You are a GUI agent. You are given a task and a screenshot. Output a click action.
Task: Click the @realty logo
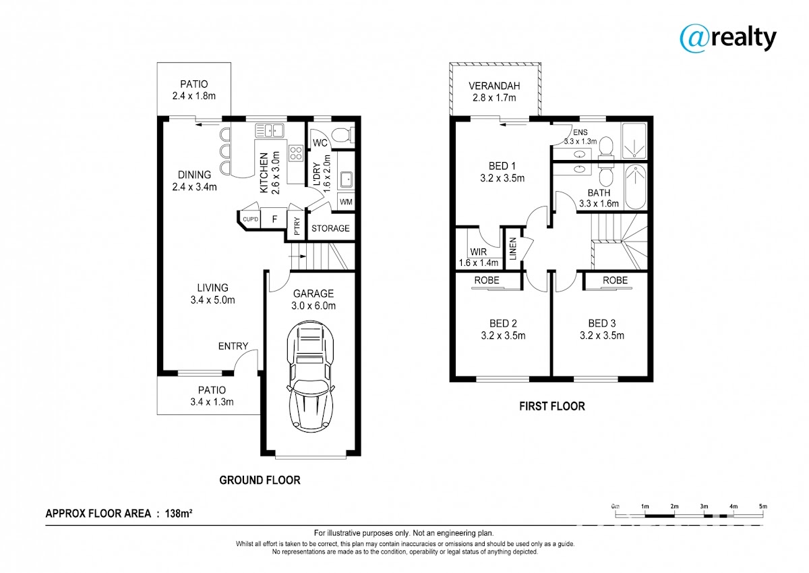(x=727, y=39)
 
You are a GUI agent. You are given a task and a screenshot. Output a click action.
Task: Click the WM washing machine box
(x=346, y=202)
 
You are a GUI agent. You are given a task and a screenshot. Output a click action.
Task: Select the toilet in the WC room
(x=343, y=136)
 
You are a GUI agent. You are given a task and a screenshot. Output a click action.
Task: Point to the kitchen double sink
(x=270, y=130)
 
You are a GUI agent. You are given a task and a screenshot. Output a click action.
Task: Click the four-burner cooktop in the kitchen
(x=296, y=153)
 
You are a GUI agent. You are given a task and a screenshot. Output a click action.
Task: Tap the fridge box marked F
(x=274, y=219)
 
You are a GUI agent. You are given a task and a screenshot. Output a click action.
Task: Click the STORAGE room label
(x=330, y=229)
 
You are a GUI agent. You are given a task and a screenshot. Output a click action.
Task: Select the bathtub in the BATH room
(x=636, y=186)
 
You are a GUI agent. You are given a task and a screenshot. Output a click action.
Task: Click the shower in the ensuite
(x=634, y=140)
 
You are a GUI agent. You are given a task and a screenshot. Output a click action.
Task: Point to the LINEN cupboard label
(x=513, y=249)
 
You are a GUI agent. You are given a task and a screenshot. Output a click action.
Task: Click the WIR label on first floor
(x=478, y=252)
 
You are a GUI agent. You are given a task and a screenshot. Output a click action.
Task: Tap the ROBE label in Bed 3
(x=615, y=280)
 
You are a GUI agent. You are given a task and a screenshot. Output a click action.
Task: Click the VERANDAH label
(x=494, y=86)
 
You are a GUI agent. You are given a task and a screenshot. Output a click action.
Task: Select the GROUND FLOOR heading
(x=260, y=480)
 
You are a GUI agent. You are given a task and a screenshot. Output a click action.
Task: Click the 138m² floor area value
(x=179, y=513)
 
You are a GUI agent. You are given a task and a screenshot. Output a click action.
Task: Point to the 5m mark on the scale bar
(x=762, y=506)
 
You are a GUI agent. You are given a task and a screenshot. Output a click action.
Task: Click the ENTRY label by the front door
(x=233, y=346)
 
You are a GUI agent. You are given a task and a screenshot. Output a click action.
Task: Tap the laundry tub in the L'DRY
(x=347, y=180)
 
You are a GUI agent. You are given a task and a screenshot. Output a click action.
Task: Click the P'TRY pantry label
(x=297, y=226)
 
